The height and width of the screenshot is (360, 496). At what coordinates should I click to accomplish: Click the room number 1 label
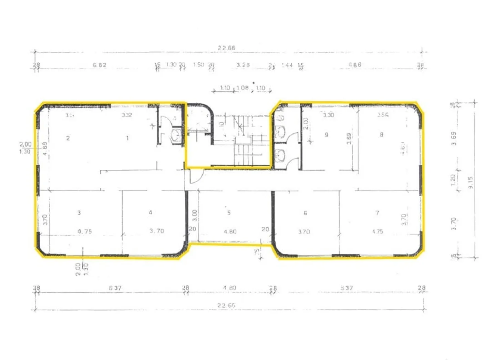pyautogui.click(x=127, y=138)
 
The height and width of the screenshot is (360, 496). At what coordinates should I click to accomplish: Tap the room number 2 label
pyautogui.click(x=68, y=138)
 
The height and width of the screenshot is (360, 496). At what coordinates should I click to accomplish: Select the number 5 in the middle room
pyautogui.click(x=229, y=213)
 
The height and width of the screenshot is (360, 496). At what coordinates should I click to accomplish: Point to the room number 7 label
pyautogui.click(x=377, y=213)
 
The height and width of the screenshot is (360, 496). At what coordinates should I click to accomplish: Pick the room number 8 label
pyautogui.click(x=381, y=135)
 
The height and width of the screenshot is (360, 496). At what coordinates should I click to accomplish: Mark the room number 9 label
pyautogui.click(x=326, y=135)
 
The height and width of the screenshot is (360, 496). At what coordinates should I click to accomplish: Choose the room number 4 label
pyautogui.click(x=151, y=213)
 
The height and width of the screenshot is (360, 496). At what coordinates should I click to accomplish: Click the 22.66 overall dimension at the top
pyautogui.click(x=226, y=48)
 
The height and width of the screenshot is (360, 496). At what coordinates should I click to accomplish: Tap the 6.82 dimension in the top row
pyautogui.click(x=100, y=65)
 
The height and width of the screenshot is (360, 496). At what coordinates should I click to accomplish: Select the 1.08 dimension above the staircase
pyautogui.click(x=242, y=88)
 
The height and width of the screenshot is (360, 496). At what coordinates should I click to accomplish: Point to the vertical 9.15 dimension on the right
pyautogui.click(x=471, y=182)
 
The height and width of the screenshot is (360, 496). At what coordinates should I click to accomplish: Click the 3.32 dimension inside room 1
pyautogui.click(x=127, y=115)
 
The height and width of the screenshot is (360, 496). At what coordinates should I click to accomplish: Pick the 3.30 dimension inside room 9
pyautogui.click(x=329, y=115)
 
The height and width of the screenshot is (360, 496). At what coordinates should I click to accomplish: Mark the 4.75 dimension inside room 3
pyautogui.click(x=85, y=232)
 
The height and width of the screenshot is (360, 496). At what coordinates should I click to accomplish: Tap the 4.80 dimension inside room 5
pyautogui.click(x=230, y=232)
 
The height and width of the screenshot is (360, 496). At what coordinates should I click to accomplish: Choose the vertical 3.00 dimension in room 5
pyautogui.click(x=195, y=215)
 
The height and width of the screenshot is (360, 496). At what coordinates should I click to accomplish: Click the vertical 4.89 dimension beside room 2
pyautogui.click(x=45, y=148)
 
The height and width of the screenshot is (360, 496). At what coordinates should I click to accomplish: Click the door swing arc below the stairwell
pyautogui.click(x=196, y=177)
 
